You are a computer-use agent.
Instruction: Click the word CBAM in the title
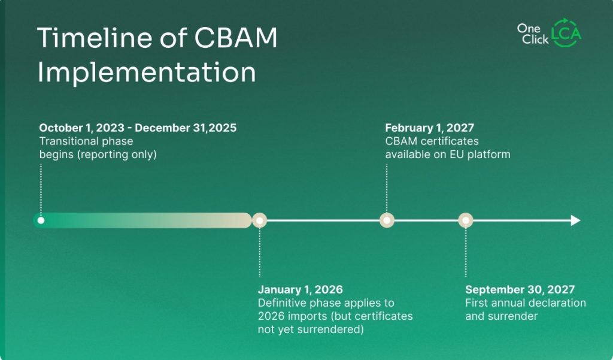click(x=235, y=38)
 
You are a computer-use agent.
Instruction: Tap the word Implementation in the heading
click(x=147, y=72)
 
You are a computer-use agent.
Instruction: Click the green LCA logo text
click(x=566, y=34)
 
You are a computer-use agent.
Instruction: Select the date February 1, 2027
click(x=429, y=128)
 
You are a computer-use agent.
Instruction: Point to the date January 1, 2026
click(x=301, y=289)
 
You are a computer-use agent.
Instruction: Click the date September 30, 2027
click(x=520, y=289)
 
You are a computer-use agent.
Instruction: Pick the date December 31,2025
click(x=186, y=128)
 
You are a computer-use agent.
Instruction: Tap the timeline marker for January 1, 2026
click(x=260, y=220)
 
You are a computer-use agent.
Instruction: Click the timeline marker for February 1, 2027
click(x=387, y=220)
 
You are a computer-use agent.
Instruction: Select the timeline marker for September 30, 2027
click(x=466, y=220)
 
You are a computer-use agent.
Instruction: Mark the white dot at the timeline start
click(x=41, y=220)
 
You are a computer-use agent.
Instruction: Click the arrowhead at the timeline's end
click(x=575, y=220)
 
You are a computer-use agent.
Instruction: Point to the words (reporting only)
click(x=117, y=155)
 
